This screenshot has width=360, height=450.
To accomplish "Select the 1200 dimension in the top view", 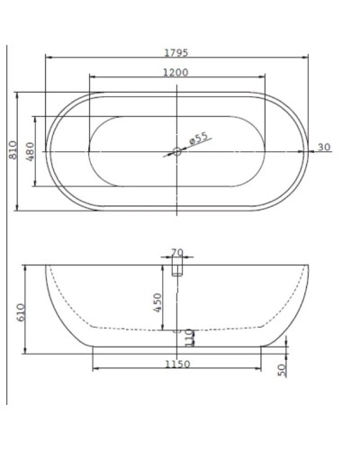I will tap(177, 71).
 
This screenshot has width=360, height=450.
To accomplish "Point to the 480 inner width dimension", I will tap(30, 150).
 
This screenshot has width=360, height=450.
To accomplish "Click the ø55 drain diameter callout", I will tap(199, 138).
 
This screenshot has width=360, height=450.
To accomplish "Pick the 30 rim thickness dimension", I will tap(323, 148).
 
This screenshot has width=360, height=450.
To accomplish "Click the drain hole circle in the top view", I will tap(176, 151).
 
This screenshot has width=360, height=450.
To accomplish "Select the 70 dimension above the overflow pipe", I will tap(176, 254).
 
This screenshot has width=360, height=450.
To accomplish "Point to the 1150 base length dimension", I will tap(177, 364).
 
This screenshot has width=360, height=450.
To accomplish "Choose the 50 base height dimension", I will tap(281, 369).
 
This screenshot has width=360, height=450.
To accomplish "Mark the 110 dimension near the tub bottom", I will tap(189, 338).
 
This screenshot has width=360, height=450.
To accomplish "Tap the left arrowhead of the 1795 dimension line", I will tap(48, 58).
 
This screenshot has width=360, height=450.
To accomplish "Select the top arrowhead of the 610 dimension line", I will tap(27, 268).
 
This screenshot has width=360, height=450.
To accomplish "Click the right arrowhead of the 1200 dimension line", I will tap(263, 77).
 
